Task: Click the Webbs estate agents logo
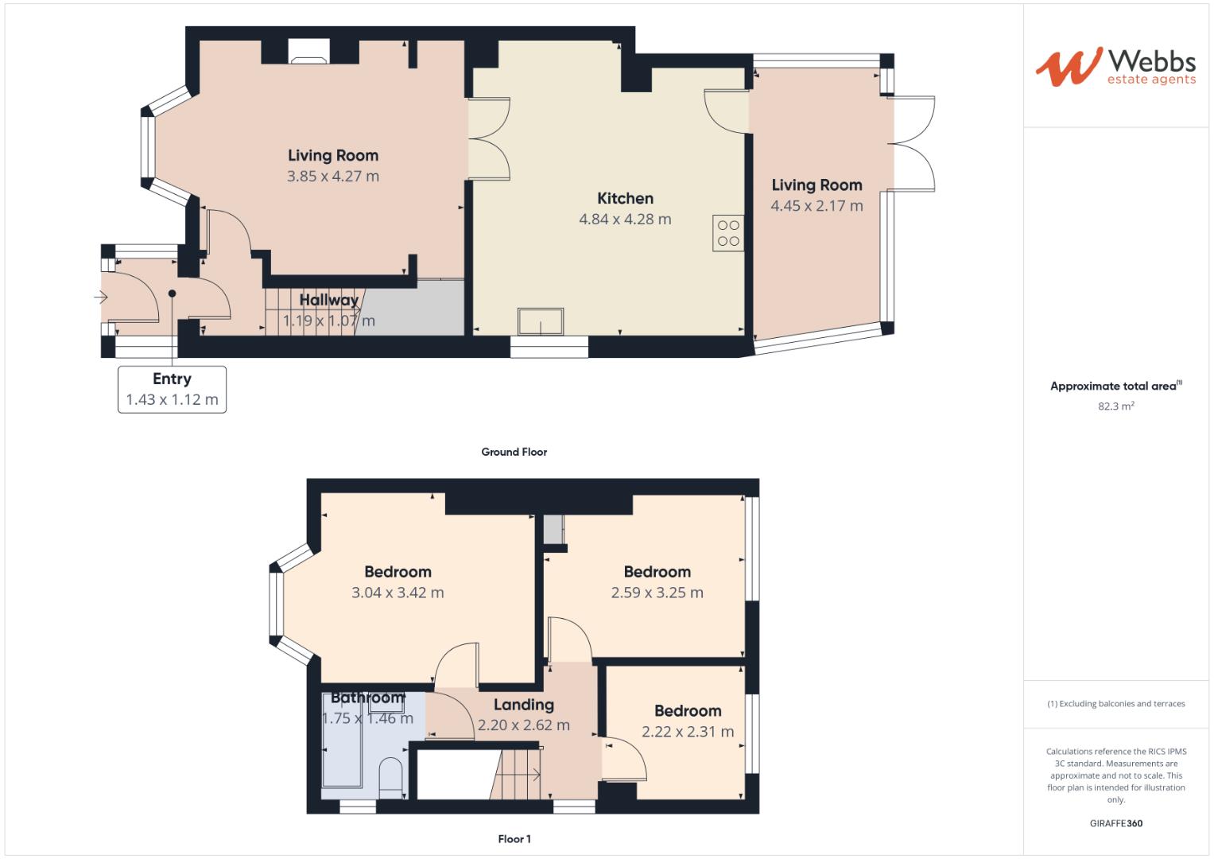point(1115,67)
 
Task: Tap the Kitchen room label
point(625,199)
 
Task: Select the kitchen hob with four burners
point(728,233)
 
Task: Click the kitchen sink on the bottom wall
point(541,321)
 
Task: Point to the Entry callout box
point(172,389)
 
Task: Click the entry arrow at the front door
point(101,297)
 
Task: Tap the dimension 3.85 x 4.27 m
point(332,177)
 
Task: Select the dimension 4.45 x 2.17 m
point(816,206)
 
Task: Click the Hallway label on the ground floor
point(328,300)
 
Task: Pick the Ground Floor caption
point(514,452)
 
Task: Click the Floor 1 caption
point(514,839)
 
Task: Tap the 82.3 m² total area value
point(1115,406)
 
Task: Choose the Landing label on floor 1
point(523,705)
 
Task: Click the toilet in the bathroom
point(390,777)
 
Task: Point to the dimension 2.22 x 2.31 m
point(688,732)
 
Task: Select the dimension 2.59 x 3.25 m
point(657,593)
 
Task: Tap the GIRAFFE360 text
point(1115,823)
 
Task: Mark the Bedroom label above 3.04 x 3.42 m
point(398,572)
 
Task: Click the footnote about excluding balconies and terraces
point(1115,704)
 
